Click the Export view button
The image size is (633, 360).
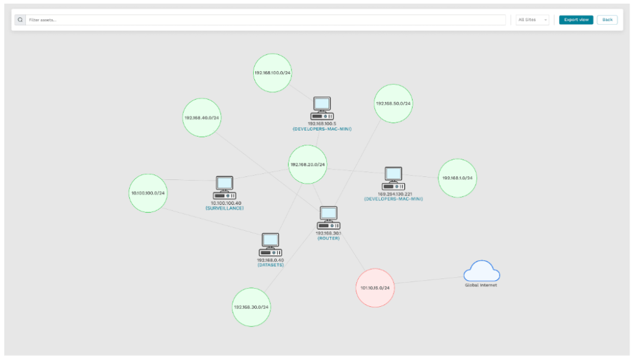pyautogui.click(x=575, y=20)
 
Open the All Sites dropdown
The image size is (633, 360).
pyautogui.click(x=533, y=20)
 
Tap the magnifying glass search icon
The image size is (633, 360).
pyautogui.click(x=20, y=20)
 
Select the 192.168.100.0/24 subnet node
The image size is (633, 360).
pyautogui.click(x=272, y=72)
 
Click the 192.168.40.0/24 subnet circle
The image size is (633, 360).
pyautogui.click(x=202, y=118)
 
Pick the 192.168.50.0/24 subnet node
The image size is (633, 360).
pyautogui.click(x=394, y=103)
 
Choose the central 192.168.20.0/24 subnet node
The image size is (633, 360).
pyautogui.click(x=308, y=165)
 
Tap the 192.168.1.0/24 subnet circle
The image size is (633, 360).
pyautogui.click(x=457, y=178)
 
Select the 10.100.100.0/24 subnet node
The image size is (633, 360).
pyautogui.click(x=148, y=193)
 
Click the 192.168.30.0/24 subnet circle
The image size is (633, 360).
pyautogui.click(x=252, y=307)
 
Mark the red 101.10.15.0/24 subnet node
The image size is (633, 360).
pyautogui.click(x=375, y=288)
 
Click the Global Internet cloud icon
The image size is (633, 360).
pyautogui.click(x=481, y=271)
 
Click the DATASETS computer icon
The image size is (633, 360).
pyautogui.click(x=270, y=245)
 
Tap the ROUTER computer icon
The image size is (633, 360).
pyautogui.click(x=329, y=218)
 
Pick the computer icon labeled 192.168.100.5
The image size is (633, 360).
pyautogui.click(x=322, y=108)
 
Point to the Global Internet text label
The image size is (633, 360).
pyautogui.click(x=481, y=285)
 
